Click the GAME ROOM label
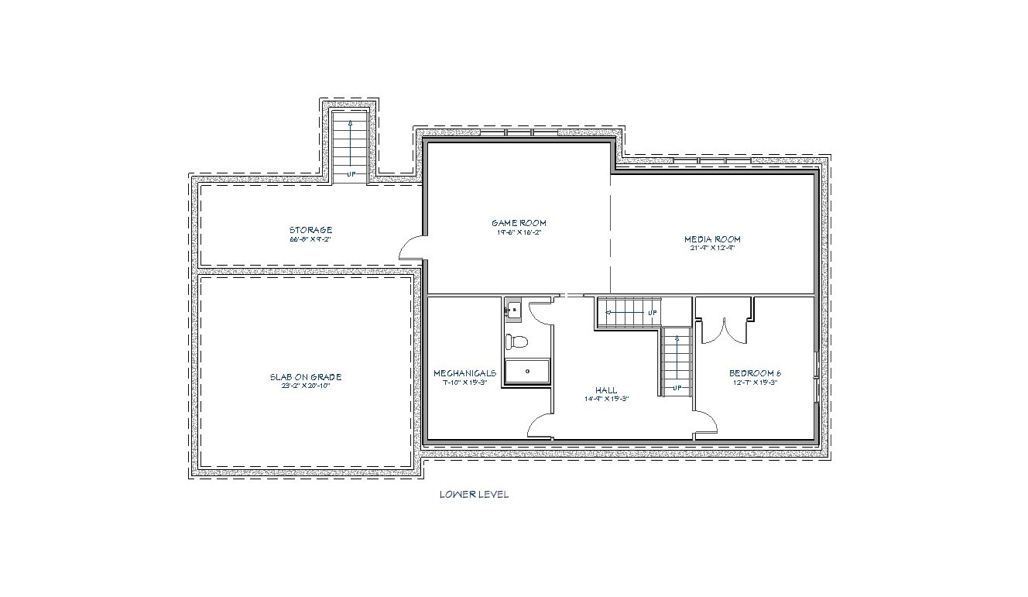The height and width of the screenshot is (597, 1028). [x=519, y=223]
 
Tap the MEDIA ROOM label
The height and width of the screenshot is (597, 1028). [x=711, y=239]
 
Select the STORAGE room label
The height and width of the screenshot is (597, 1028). [x=310, y=230]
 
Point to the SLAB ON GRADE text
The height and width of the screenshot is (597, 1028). [x=305, y=377]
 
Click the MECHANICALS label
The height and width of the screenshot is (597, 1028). [x=464, y=372]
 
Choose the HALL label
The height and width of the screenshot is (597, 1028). [x=606, y=390]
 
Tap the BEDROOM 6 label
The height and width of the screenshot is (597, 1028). [x=755, y=372]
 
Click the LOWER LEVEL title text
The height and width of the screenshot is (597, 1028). [x=474, y=494]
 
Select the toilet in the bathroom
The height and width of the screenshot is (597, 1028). [x=517, y=340]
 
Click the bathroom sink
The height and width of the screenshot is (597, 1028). [x=513, y=310]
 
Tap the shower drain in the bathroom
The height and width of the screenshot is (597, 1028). [x=528, y=371]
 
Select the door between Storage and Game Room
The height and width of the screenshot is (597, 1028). [x=410, y=247]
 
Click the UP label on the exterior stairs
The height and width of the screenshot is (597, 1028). [x=351, y=174]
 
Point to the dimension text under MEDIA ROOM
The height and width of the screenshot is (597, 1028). [x=711, y=249]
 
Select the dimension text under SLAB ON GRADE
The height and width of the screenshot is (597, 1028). [x=305, y=386]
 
